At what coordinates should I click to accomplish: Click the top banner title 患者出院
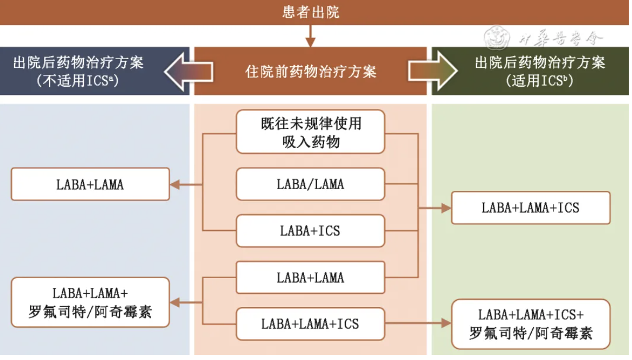pos(311,12)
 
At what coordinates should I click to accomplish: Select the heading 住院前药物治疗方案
pos(311,72)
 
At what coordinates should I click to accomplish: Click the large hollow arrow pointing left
pos(188,71)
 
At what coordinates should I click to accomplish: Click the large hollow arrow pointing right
pos(433,71)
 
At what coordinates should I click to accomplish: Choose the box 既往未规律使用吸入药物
pos(311,132)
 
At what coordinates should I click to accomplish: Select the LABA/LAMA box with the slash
pos(311,184)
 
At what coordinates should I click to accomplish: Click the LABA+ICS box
pos(311,231)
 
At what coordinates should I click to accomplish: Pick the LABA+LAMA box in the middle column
pos(311,278)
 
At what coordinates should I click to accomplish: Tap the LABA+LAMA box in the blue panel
pos(90,184)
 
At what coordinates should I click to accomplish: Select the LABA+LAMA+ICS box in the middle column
pos(311,324)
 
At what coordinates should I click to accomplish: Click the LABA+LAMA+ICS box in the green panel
pos(531,208)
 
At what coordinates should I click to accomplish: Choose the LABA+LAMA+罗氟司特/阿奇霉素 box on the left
pos(90,303)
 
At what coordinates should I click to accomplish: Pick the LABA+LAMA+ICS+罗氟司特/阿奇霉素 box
pos(531,324)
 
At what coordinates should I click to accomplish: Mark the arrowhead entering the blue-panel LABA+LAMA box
pos(175,185)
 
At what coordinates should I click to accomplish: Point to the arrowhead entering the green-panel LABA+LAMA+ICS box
pos(446,208)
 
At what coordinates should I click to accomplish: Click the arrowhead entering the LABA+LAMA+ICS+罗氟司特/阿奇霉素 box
pos(446,324)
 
